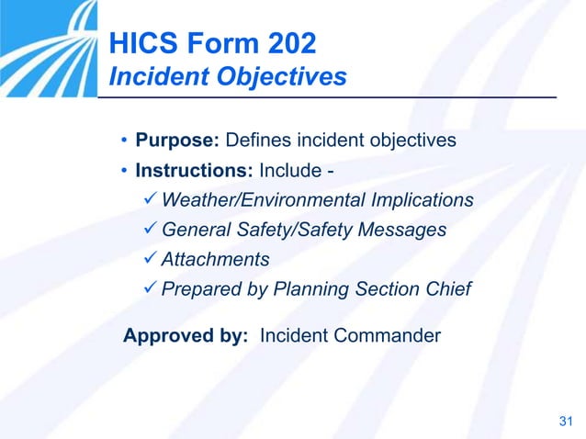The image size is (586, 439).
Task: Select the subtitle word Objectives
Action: [x=288, y=76]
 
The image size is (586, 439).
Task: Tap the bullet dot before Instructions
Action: [x=124, y=172]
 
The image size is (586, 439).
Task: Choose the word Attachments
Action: [x=215, y=259]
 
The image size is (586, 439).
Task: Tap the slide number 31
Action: [x=565, y=422]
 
